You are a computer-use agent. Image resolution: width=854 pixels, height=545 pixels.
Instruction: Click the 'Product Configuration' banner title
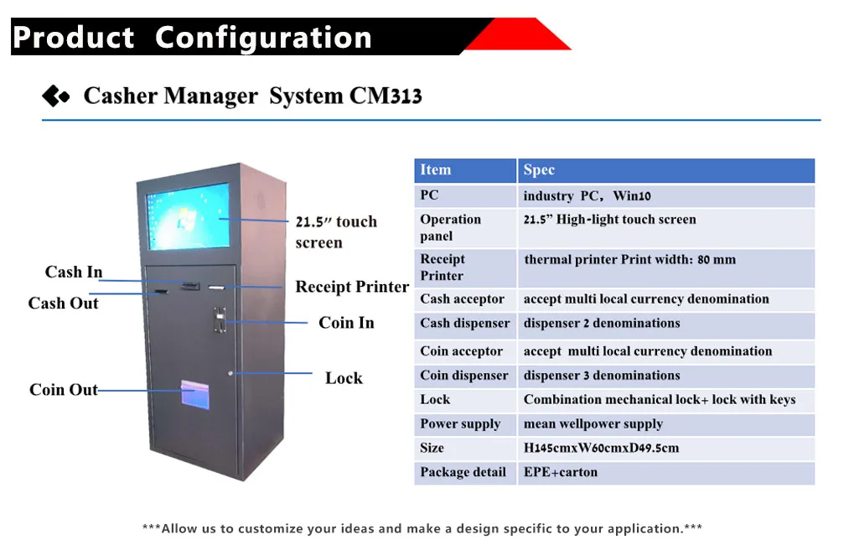point(192,38)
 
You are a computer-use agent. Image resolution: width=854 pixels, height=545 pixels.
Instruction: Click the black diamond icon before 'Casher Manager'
point(55,96)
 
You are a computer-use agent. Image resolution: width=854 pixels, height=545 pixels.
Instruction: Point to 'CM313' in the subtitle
point(385,96)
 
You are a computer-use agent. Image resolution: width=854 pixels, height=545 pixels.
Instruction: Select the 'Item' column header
point(436,170)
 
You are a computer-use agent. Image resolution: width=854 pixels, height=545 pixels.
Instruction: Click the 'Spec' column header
point(539,170)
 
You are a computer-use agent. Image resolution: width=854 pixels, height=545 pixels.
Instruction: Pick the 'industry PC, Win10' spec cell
point(587,196)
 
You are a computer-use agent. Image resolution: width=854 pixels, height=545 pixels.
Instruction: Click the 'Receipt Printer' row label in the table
point(443,267)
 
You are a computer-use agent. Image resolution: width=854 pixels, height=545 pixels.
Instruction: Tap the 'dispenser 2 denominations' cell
point(602,324)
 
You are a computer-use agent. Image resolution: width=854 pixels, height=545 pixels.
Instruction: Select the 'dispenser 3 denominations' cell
point(602,376)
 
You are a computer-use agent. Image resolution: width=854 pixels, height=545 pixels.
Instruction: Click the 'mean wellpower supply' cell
point(593,424)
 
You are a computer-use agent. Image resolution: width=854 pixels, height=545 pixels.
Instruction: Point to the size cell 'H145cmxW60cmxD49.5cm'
point(601,449)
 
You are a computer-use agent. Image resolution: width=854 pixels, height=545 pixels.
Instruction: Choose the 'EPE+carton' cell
point(561,473)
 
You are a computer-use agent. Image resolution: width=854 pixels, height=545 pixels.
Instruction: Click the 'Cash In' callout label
point(74,272)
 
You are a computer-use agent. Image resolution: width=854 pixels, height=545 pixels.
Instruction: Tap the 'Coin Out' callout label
point(64,390)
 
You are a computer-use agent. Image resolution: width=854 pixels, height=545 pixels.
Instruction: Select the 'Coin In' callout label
point(346,323)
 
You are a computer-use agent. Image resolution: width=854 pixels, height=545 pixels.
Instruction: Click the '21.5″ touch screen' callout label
point(335,232)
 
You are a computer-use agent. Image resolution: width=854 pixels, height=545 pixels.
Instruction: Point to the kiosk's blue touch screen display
point(187,216)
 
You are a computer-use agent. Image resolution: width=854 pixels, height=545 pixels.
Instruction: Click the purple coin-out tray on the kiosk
point(199,397)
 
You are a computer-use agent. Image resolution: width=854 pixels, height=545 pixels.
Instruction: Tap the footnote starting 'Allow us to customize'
point(422,529)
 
